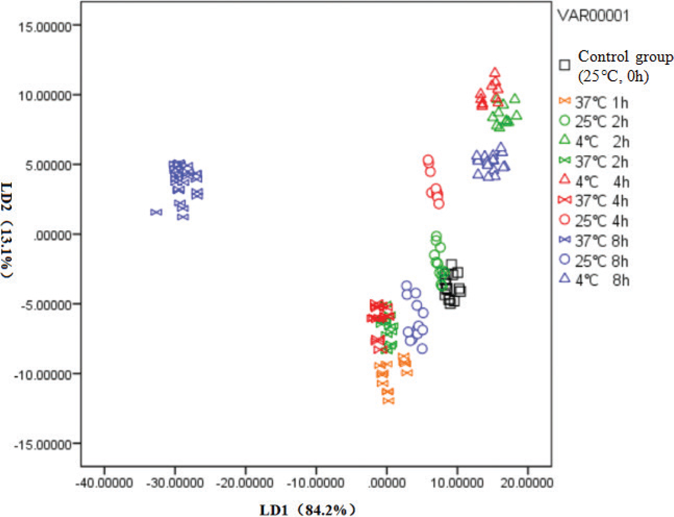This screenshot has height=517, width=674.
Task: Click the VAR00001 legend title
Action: click(593, 16)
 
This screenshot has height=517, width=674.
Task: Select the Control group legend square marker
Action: click(565, 65)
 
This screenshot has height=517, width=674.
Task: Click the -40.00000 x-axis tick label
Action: click(104, 483)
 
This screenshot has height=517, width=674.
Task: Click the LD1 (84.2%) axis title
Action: click(308, 509)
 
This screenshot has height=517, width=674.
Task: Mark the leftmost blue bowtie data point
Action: click(156, 212)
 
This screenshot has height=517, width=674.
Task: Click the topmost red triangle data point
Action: click(495, 73)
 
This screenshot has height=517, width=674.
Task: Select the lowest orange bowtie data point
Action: click(388, 400)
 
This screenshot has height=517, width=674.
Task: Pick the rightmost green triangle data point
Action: click(517, 115)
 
